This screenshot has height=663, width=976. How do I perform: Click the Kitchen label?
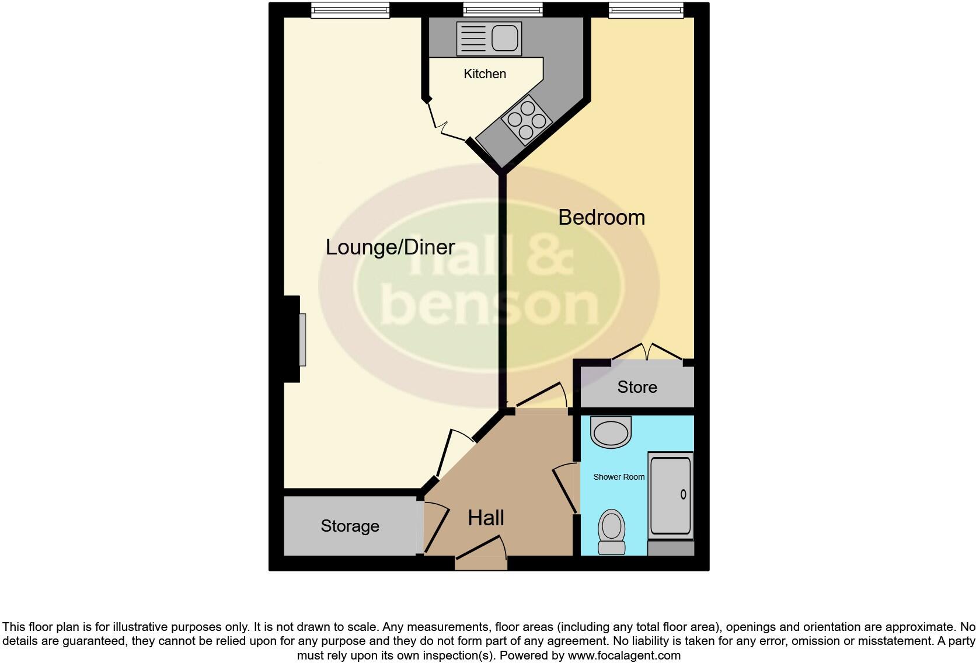pyautogui.click(x=484, y=74)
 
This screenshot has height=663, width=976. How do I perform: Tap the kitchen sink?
pyautogui.click(x=489, y=39)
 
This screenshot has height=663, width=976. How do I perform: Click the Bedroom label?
pyautogui.click(x=601, y=217)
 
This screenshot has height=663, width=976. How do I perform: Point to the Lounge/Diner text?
pyautogui.click(x=390, y=247)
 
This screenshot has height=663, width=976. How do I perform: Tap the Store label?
pyautogui.click(x=637, y=387)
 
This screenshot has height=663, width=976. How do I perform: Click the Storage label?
pyautogui.click(x=350, y=526)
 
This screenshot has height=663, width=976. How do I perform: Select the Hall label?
pyautogui.click(x=486, y=518)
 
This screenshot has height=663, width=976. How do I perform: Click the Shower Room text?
pyautogui.click(x=619, y=477)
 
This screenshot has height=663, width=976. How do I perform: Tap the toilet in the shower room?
pyautogui.click(x=612, y=532)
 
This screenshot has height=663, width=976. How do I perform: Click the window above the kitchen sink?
pyautogui.click(x=503, y=9)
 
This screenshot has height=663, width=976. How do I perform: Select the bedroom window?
pyautogui.click(x=646, y=9)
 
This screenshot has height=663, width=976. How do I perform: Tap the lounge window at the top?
pyautogui.click(x=350, y=9)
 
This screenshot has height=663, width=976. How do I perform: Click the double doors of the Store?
pyautogui.click(x=647, y=351)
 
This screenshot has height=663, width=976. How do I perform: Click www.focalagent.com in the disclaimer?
pyautogui.click(x=624, y=655)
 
